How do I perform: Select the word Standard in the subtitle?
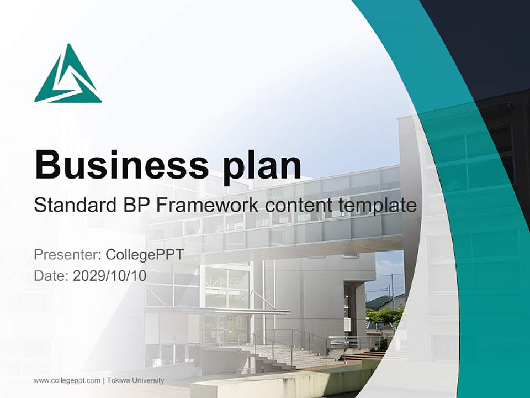click(x=76, y=206)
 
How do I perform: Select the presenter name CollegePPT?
click(x=144, y=255)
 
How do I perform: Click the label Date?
click(x=51, y=275)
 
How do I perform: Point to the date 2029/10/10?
click(x=110, y=275)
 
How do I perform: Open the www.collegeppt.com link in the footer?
click(x=67, y=380)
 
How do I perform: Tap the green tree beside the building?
click(x=385, y=317)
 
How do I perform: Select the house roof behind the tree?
click(x=381, y=302)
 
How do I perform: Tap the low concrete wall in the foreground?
click(x=276, y=384)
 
